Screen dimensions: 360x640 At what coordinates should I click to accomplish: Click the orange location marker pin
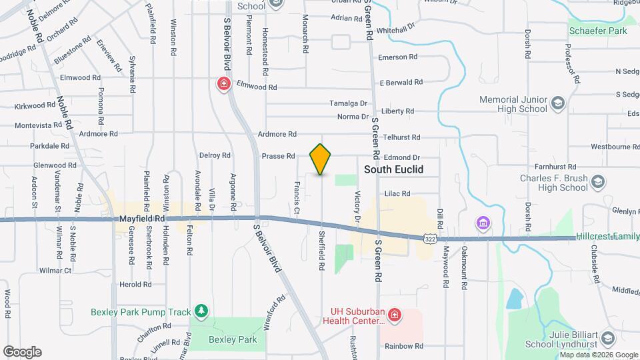[x=321, y=159]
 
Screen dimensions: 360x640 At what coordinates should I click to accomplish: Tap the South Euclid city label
[x=393, y=169]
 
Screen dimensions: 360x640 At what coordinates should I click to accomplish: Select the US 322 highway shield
[x=430, y=237]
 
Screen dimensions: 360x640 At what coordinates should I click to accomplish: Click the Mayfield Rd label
[x=142, y=218]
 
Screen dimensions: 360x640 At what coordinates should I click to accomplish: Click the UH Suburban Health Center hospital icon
[x=394, y=314]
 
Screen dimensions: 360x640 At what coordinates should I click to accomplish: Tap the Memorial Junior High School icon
[x=557, y=104]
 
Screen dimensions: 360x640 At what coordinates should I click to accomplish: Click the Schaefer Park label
[x=598, y=31]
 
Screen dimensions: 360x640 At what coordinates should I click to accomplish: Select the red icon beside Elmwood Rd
[x=224, y=84]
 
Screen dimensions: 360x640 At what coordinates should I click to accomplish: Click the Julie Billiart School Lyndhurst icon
[x=607, y=339]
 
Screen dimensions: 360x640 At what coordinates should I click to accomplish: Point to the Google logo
[x=22, y=351]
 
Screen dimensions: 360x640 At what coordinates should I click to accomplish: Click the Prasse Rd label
[x=278, y=156]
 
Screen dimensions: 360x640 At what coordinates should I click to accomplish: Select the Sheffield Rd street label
[x=321, y=251]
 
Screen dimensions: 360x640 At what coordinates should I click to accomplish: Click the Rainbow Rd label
[x=403, y=346]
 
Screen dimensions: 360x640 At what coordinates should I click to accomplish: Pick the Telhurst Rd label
[x=401, y=137]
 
